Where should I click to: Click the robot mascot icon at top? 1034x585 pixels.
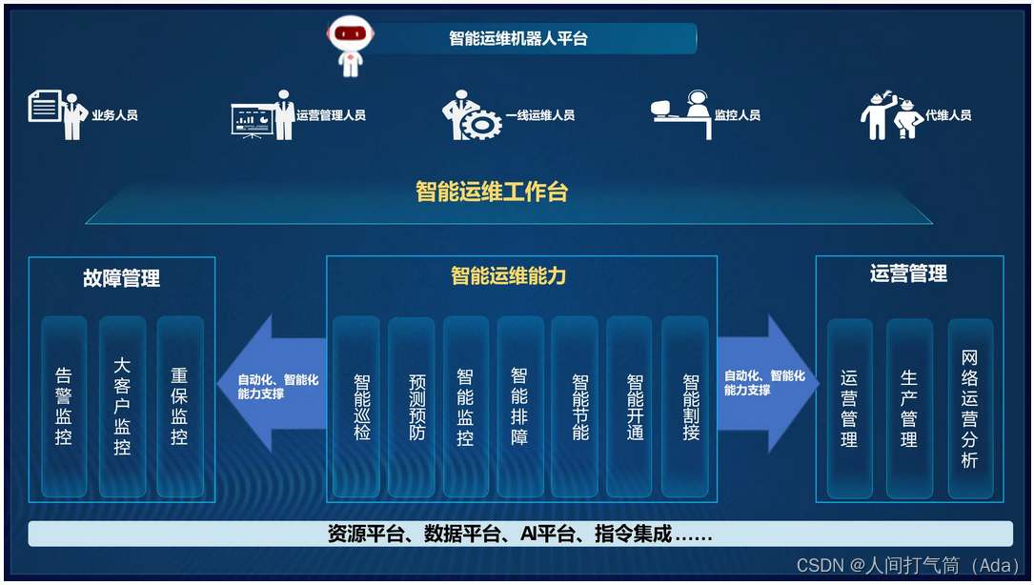click(350, 44)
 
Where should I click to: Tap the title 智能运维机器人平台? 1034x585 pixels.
click(518, 39)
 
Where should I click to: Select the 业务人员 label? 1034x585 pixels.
click(114, 115)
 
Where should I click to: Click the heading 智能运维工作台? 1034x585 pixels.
click(492, 192)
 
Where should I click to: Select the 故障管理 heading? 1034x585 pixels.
click(122, 278)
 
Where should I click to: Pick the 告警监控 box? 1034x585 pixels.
click(64, 407)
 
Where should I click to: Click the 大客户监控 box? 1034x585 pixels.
click(122, 407)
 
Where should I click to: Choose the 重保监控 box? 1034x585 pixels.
click(179, 407)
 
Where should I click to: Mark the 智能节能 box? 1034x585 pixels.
click(580, 407)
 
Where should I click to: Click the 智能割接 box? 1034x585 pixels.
click(690, 407)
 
